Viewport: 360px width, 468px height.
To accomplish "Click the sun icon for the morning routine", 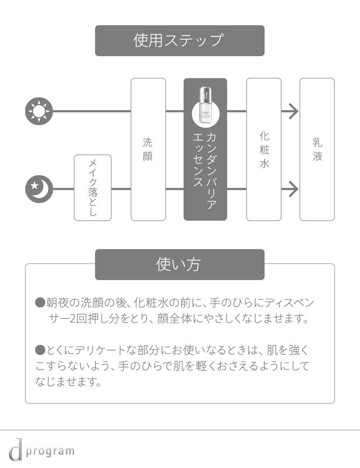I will (39, 111).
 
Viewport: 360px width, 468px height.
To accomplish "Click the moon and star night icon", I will (39, 189).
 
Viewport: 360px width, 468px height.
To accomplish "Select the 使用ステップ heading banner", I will (180, 40).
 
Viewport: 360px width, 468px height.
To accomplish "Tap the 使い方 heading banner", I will (180, 264).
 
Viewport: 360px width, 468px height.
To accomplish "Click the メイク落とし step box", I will (93, 188).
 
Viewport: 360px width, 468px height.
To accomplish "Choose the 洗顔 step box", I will (148, 149).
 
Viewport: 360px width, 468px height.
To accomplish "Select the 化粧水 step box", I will (264, 149).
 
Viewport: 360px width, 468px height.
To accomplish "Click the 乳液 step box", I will (317, 149).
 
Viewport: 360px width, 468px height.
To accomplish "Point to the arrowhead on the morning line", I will (293, 111).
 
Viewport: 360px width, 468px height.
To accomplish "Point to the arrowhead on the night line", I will (293, 189).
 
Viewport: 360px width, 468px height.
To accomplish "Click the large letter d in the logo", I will (15, 449).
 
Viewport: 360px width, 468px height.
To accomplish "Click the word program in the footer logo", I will (50, 451).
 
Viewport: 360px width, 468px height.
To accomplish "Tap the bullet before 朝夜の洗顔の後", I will (40, 302).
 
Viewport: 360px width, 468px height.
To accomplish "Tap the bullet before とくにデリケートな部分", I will (40, 350).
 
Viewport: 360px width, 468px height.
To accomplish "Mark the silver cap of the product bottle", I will (206, 94).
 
